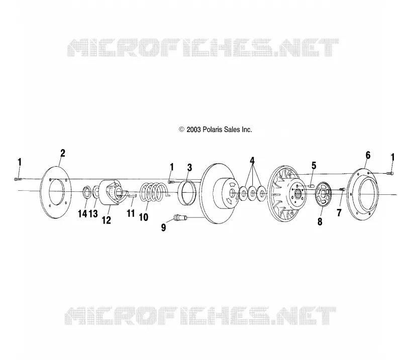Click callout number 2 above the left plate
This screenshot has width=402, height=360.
coord(63,153)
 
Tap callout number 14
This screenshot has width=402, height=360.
coord(82,213)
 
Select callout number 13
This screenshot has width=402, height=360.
coord(93,213)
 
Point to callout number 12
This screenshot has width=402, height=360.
coord(107,220)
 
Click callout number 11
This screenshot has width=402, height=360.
coord(131,213)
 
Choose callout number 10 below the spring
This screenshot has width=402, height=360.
coord(144,217)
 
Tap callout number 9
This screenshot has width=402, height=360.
coord(164,227)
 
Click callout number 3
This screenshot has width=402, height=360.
coord(189,168)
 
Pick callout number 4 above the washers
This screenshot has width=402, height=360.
coord(252,161)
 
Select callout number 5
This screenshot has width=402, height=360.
coord(314,166)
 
